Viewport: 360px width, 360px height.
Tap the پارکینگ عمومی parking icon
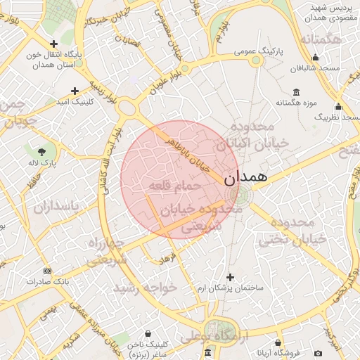[255, 60]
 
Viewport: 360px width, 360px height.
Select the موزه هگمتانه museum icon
[297, 93]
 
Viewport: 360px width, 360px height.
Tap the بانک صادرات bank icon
[47, 271]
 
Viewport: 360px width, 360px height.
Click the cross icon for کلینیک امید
[75, 91]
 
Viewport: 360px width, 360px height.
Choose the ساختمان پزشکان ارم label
[230, 288]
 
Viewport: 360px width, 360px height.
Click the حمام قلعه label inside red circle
[175, 186]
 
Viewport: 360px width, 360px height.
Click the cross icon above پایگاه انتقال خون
[54, 44]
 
